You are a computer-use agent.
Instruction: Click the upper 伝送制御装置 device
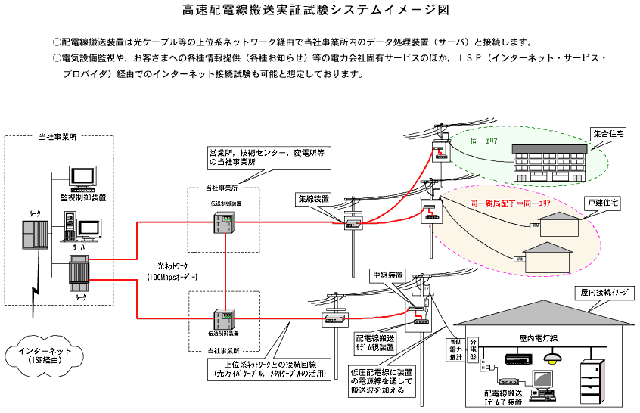225,222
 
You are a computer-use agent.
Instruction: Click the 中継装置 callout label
387,274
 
